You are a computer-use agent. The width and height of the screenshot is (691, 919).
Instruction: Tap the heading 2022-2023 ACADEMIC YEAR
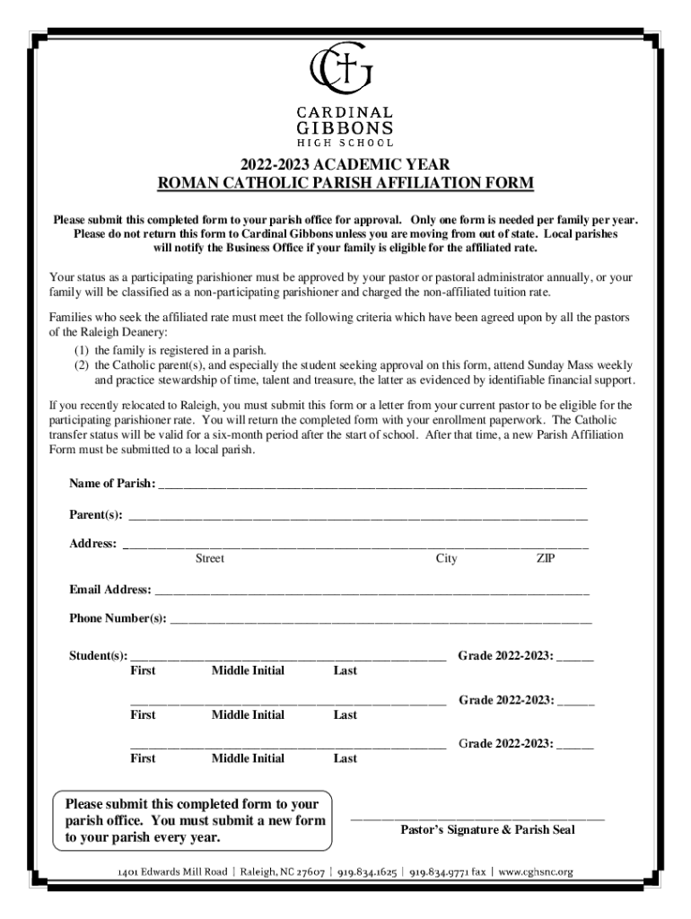coord(345,165)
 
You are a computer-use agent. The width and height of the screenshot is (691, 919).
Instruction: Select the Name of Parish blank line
coord(372,486)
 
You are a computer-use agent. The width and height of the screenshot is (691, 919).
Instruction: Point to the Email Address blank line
coord(371,592)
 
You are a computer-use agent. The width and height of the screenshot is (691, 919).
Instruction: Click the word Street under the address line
coord(210,559)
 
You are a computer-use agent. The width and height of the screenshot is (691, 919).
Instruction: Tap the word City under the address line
coord(446,559)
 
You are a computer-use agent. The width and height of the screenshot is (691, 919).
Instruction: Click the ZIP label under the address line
coord(546,559)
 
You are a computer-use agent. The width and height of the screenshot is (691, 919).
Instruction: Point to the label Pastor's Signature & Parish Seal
coord(486,830)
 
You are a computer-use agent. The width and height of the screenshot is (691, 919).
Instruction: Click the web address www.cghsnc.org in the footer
coord(535,871)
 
